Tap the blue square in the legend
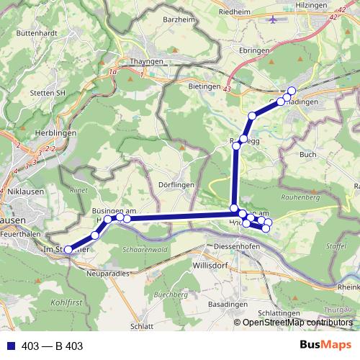[12, 346]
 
